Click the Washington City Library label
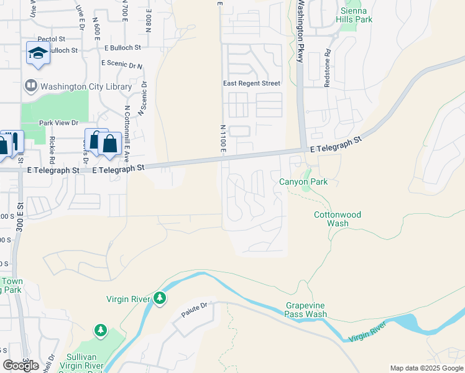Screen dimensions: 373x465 coord(86,87)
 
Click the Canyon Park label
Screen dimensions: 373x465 coord(303,182)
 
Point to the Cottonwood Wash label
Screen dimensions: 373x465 coord(337,219)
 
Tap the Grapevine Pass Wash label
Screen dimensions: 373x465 coord(306,310)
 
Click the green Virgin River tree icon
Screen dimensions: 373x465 coord(160,299)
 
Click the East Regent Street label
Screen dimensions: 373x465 coord(252,83)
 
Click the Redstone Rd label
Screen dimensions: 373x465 coord(328,63)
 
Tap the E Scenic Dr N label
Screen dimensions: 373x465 coord(122,64)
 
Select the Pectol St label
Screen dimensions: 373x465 coord(52,39)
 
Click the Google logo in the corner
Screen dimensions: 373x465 coord(21,366)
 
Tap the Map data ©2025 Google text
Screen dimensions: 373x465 coord(426,369)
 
